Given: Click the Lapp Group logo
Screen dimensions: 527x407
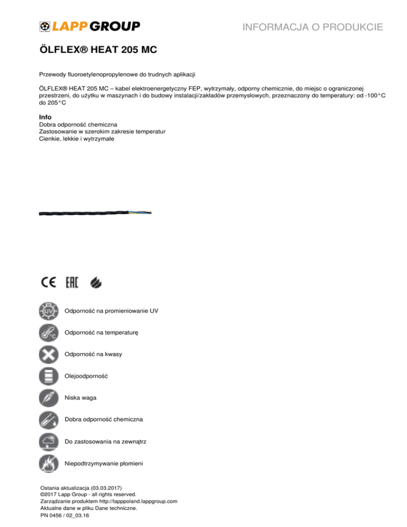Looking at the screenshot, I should coord(90,26).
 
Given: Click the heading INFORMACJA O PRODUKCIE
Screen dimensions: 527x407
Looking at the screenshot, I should coord(312,27).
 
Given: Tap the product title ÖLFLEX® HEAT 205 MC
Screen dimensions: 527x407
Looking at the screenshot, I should coord(98,51).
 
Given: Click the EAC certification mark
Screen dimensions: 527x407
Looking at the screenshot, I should coord(72,283).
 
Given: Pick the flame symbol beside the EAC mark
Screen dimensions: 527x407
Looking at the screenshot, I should coord(95,283).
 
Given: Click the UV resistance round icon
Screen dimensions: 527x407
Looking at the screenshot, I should coord(49,311).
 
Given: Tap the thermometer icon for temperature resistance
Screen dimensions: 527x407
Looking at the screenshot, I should coord(49,333).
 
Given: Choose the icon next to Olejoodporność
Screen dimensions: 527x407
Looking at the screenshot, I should coord(49,376).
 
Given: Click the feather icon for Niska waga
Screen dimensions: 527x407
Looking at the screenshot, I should coord(49,398).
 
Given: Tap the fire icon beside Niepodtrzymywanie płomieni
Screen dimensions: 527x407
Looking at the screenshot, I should coord(49,463).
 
